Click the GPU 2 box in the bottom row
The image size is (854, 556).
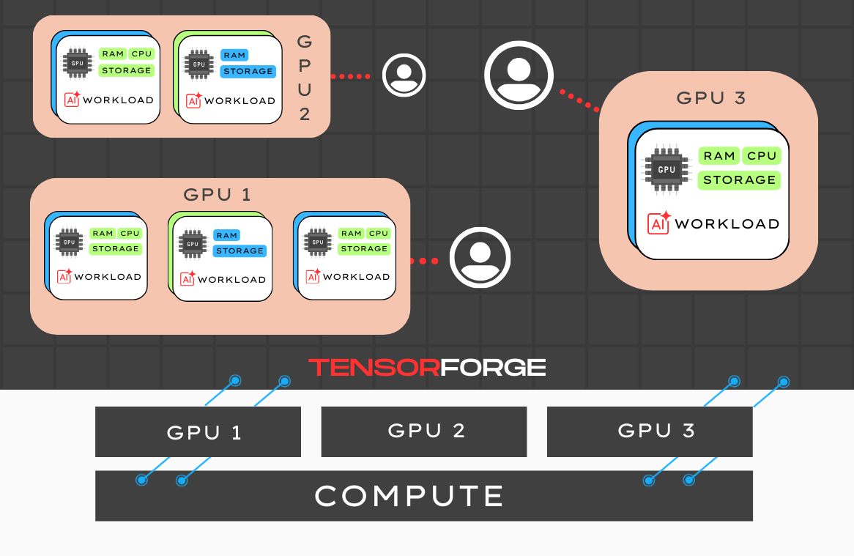(423, 431)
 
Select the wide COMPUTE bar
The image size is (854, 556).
(423, 496)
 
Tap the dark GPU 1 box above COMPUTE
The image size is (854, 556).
(198, 431)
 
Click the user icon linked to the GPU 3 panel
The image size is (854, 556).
(519, 75)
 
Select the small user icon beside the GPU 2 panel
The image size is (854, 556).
(404, 75)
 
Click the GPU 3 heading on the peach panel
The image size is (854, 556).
(711, 98)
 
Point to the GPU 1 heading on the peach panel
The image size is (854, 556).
(218, 195)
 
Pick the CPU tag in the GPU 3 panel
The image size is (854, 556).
(762, 155)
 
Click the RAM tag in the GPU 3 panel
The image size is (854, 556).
(719, 155)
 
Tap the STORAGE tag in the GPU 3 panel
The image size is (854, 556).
(739, 179)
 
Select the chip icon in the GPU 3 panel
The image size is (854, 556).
(666, 169)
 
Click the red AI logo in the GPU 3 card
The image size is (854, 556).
(659, 223)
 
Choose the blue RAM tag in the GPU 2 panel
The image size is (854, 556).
(234, 55)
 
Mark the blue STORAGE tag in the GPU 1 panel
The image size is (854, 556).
(240, 251)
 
